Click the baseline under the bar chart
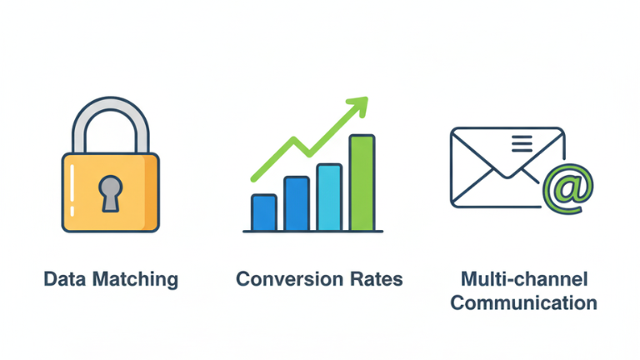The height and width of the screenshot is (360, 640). pos(312,232)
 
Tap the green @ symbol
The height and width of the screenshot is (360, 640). pos(568,187)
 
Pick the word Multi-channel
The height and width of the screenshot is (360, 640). pos(522,278)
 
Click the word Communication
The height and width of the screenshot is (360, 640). pos(523,302)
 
